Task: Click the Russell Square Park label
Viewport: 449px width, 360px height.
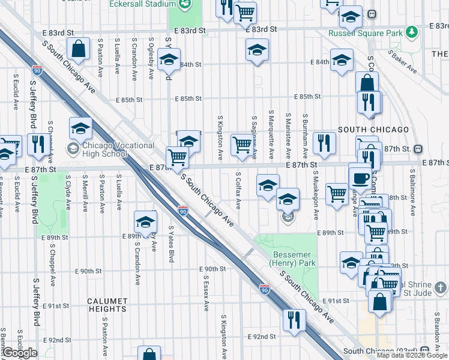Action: tap(365, 34)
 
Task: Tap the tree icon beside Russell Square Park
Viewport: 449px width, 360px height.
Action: tap(412, 31)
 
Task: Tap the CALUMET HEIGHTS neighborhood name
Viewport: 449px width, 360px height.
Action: tap(107, 301)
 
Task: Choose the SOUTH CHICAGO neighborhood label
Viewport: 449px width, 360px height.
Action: tap(373, 130)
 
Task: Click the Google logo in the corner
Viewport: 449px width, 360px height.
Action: tap(20, 353)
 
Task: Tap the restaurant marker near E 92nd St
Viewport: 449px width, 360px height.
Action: tap(294, 319)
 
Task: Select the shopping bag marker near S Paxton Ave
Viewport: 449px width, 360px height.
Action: tap(79, 49)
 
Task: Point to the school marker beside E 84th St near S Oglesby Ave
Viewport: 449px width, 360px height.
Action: tap(169, 59)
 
